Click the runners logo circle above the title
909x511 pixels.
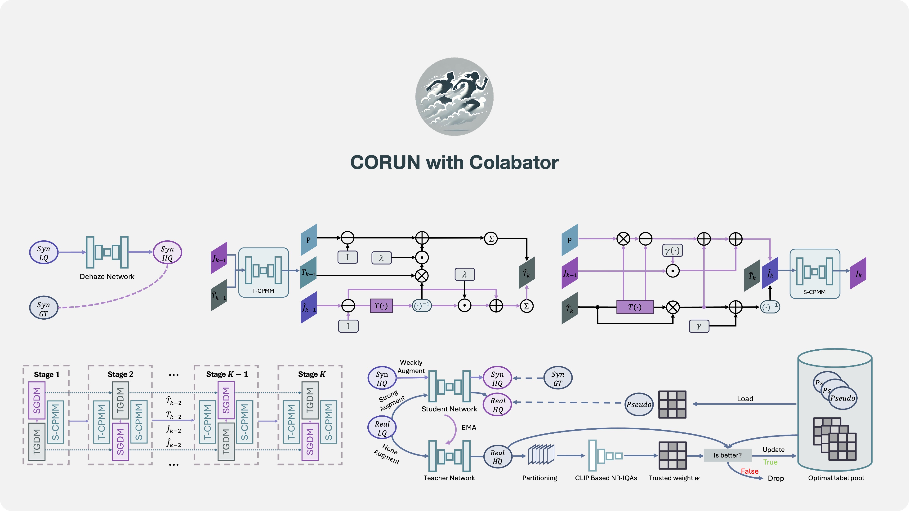[x=454, y=97]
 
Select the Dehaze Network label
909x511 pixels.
[x=107, y=277]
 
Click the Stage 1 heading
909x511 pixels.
[x=47, y=374]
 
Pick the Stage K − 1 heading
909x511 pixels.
[x=227, y=374]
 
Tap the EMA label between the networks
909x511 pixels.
[x=469, y=428]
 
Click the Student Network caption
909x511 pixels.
[x=449, y=409]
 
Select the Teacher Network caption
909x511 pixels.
[x=449, y=478]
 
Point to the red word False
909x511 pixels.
[x=749, y=471]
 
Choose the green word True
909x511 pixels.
[x=770, y=462]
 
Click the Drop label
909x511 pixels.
[x=776, y=479]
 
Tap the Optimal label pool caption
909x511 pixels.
[x=836, y=478]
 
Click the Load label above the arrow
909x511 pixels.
[x=745, y=399]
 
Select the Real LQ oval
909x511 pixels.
[x=382, y=428]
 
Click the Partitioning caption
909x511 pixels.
[x=539, y=478]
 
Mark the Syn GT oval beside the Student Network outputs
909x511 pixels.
[x=557, y=379]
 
